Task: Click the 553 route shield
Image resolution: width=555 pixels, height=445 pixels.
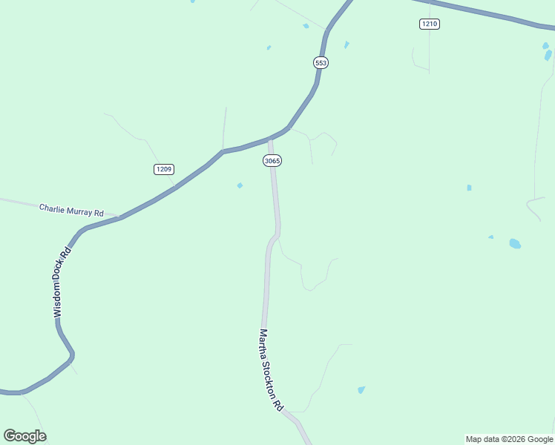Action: click(321, 63)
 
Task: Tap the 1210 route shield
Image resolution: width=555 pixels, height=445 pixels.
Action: click(429, 24)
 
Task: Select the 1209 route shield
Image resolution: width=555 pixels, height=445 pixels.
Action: click(164, 170)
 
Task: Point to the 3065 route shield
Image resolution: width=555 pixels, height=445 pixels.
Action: click(272, 161)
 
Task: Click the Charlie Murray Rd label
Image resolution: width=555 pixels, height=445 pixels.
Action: click(71, 211)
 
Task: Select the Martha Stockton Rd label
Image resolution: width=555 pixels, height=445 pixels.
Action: click(271, 370)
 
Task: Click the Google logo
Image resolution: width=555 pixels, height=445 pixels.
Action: click(24, 436)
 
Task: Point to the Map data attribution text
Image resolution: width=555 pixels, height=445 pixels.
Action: click(509, 439)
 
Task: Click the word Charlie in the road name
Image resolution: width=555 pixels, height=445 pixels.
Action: click(53, 209)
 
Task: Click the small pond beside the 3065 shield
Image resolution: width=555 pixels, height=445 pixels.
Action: click(240, 185)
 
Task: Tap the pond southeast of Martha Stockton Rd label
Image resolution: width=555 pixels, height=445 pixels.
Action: click(361, 389)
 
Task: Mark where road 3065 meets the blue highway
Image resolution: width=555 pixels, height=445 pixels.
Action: click(270, 138)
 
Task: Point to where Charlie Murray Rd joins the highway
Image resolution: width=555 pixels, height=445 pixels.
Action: click(119, 217)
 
